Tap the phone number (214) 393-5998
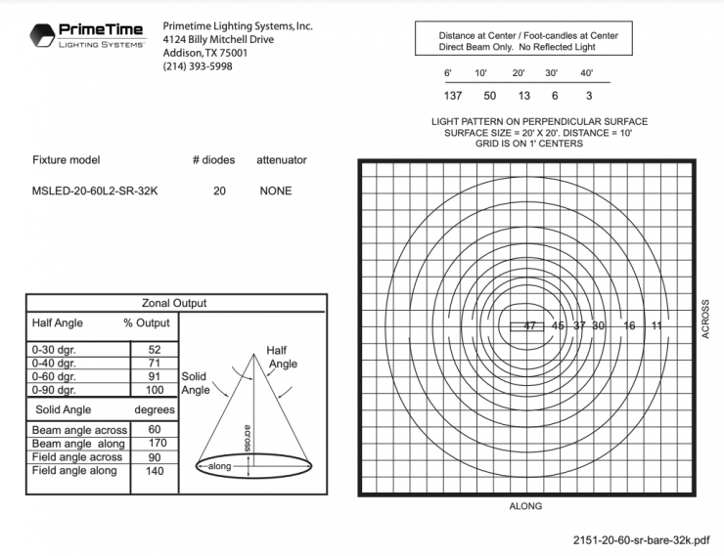coord(198,66)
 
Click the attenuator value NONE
coord(275,191)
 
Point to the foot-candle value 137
coord(452,96)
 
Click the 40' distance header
coord(587,73)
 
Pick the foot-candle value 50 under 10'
coord(490,96)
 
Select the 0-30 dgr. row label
coord(56,349)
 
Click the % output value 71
coord(155,363)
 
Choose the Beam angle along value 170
coord(155,444)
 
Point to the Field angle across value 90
coord(155,457)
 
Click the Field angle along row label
coord(74,471)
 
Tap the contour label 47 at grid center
coord(529,325)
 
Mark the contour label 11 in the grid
coord(656,325)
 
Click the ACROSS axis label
coord(705,320)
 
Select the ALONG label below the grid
coord(525,506)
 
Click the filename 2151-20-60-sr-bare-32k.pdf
coord(642,538)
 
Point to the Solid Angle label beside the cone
coord(196,383)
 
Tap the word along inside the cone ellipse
coord(221,467)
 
